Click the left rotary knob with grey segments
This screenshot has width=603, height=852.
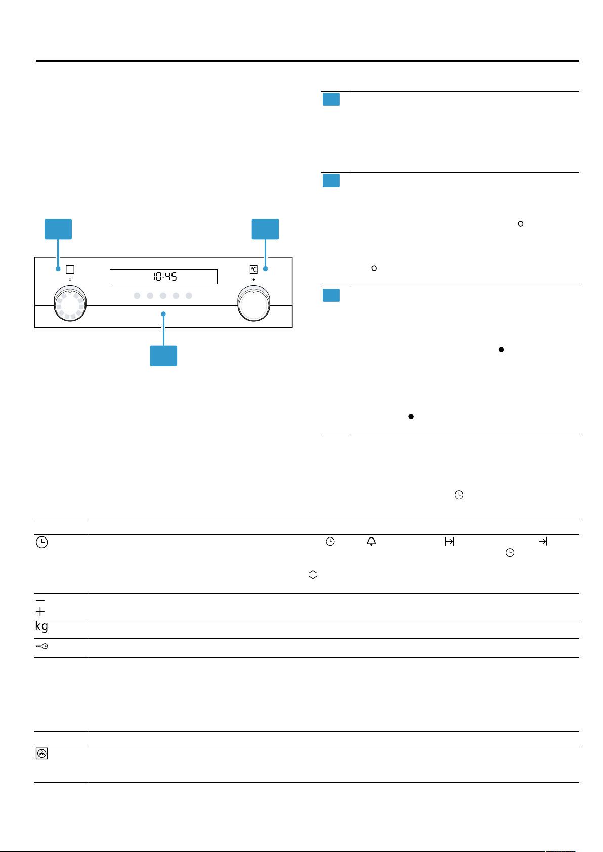click(70, 303)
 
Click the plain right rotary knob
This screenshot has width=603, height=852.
click(254, 303)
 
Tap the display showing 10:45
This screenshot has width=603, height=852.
click(163, 277)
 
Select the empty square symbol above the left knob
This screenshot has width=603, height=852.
click(70, 270)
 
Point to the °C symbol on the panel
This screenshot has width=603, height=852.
click(254, 270)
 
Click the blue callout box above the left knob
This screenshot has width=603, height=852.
click(58, 229)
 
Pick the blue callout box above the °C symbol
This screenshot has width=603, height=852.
click(265, 229)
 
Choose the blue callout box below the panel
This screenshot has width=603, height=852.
click(163, 355)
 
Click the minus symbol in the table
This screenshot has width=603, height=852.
click(40, 600)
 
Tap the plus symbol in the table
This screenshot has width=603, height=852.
click(40, 611)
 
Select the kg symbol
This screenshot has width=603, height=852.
click(41, 626)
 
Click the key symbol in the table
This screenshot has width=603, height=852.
click(41, 646)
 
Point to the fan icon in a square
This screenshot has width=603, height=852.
click(42, 753)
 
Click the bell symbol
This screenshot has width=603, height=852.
click(371, 541)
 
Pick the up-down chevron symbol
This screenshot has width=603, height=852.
click(313, 575)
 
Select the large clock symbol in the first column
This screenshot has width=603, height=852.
click(42, 542)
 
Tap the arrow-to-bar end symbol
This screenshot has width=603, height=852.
click(543, 541)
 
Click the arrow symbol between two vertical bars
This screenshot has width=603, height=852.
click(449, 541)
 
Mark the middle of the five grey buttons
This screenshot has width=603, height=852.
click(163, 295)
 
